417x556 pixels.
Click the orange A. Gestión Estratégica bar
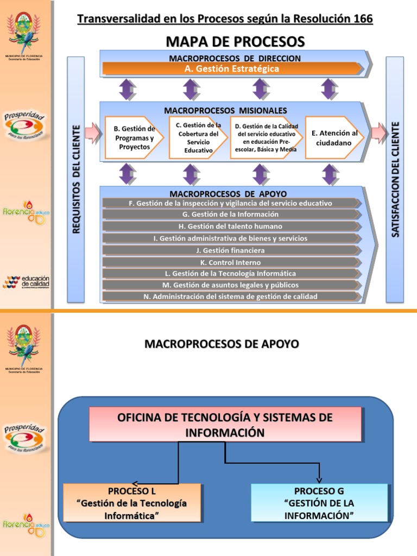pyautogui.click(x=232, y=68)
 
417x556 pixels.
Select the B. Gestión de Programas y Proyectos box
pyautogui.click(x=134, y=137)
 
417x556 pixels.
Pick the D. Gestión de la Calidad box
pyautogui.click(x=266, y=137)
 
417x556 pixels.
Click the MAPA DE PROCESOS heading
pyautogui.click(x=235, y=41)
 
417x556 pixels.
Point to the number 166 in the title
pyautogui.click(x=361, y=19)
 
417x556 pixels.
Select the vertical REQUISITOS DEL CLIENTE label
pyautogui.click(x=75, y=179)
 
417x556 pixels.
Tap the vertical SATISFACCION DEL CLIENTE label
pyautogui.click(x=395, y=179)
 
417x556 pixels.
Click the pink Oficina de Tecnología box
pyautogui.click(x=225, y=425)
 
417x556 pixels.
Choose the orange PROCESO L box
pyautogui.click(x=132, y=503)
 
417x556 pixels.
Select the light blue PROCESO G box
pyautogui.click(x=319, y=503)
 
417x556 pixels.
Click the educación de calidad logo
pyautogui.click(x=26, y=282)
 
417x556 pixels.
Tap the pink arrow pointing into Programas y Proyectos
pyautogui.click(x=93, y=131)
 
